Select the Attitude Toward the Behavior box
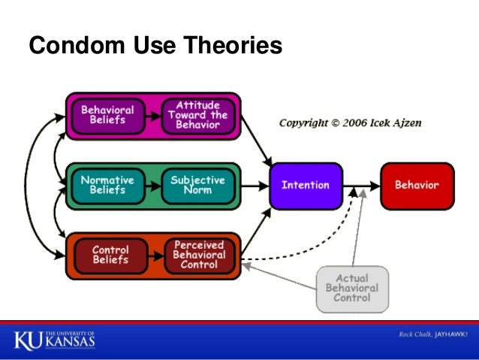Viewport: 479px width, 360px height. pyautogui.click(x=198, y=115)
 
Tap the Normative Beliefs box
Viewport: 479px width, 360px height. pyautogui.click(x=107, y=185)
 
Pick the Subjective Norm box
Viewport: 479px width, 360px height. pyautogui.click(x=198, y=185)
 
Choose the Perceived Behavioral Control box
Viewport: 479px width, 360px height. pyautogui.click(x=199, y=255)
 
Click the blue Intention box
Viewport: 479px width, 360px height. pyautogui.click(x=306, y=185)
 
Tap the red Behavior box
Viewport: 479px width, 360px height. pyautogui.click(x=417, y=185)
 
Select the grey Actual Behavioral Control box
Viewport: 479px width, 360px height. pyautogui.click(x=351, y=288)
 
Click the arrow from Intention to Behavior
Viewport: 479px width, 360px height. pyautogui.click(x=360, y=185)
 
